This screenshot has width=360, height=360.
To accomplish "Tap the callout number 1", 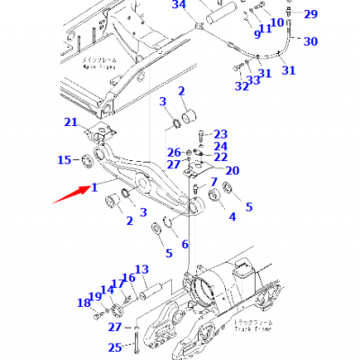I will click(93, 186).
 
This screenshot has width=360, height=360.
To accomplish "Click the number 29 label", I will click(310, 13).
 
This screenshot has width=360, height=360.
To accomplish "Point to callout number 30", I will click(310, 41).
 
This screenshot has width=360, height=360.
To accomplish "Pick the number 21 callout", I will click(95, 122).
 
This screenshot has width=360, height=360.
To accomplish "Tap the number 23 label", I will click(221, 133).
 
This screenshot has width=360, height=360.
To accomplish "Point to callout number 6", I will click(185, 244).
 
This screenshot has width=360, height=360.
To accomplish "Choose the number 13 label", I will click(141, 269).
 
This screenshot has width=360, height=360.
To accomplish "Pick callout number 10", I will click(276, 22).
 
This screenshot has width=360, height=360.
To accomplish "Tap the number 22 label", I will click(220, 157).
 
